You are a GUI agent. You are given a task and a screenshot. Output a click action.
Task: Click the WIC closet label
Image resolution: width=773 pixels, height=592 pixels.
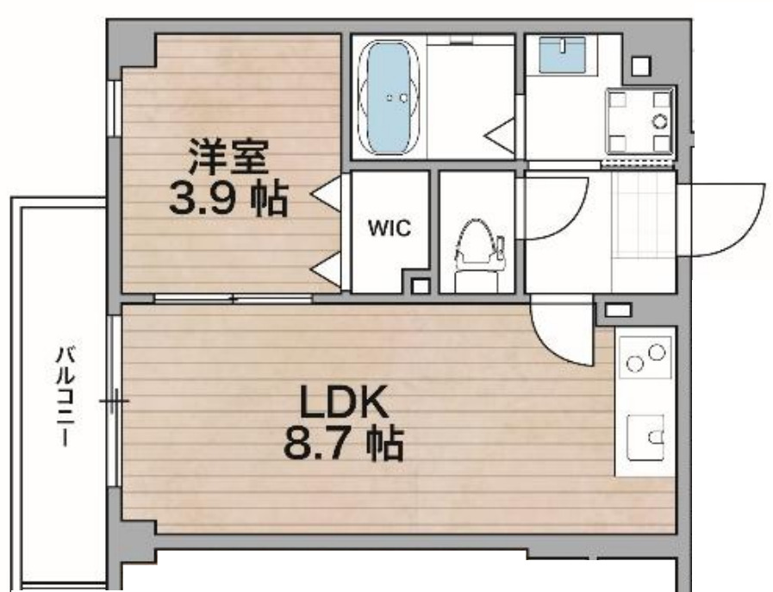point(390,229)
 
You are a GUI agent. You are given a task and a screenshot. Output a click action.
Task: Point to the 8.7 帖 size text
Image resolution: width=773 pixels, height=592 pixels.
point(343,446)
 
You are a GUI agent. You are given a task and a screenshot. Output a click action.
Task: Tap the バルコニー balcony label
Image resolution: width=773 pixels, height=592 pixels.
point(65,392)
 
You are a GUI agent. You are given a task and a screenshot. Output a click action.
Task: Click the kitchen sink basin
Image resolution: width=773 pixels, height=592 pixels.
point(645,436)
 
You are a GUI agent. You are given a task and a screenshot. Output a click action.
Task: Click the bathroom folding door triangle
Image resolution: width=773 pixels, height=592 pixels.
point(502,134)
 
